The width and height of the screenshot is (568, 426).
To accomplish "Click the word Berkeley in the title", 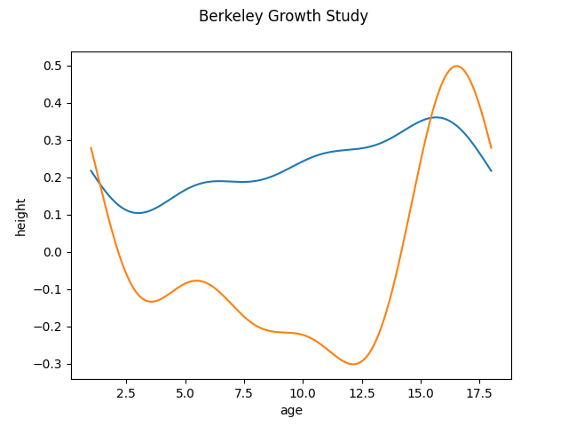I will [227, 16].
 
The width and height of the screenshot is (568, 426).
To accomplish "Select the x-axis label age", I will [291, 410].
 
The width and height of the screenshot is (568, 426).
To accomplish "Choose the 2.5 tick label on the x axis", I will [126, 392].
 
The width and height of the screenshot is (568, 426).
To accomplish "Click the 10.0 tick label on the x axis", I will [303, 392].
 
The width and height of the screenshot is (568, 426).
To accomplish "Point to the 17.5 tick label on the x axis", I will [479, 392].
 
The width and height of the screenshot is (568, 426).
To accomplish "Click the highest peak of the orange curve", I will [457, 66].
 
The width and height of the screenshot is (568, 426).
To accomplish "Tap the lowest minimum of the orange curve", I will [354, 364].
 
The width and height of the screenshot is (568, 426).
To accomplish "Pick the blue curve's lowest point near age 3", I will [138, 213].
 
